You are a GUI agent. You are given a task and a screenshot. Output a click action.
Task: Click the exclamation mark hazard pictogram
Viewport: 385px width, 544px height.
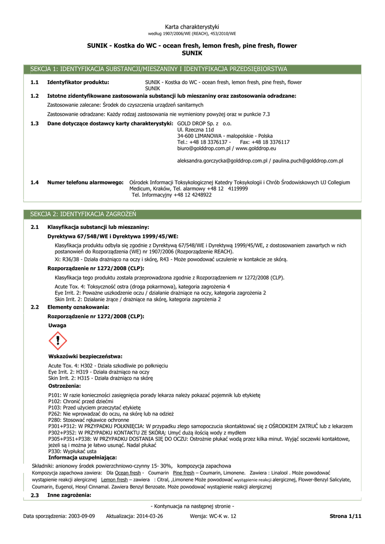[57, 340]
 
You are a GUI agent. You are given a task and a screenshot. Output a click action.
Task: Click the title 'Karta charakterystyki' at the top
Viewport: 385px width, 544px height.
[192, 27]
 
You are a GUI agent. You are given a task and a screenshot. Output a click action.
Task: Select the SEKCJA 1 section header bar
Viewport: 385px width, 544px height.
[192, 69]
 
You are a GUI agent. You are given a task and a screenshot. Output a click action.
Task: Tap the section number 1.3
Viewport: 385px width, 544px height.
[35, 123]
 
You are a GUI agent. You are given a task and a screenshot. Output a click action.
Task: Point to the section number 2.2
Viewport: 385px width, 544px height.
[35, 307]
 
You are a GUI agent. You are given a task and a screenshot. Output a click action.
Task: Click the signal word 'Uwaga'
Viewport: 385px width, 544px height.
[57, 325]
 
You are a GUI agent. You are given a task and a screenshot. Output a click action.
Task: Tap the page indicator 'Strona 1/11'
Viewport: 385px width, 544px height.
[345, 516]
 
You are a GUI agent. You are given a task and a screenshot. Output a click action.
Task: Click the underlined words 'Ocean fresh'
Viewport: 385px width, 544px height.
[128, 472]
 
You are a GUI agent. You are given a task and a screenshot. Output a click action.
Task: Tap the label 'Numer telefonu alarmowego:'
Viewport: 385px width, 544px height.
[85, 182]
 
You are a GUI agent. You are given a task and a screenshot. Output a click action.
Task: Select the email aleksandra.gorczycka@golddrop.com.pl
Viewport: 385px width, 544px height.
[222, 160]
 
